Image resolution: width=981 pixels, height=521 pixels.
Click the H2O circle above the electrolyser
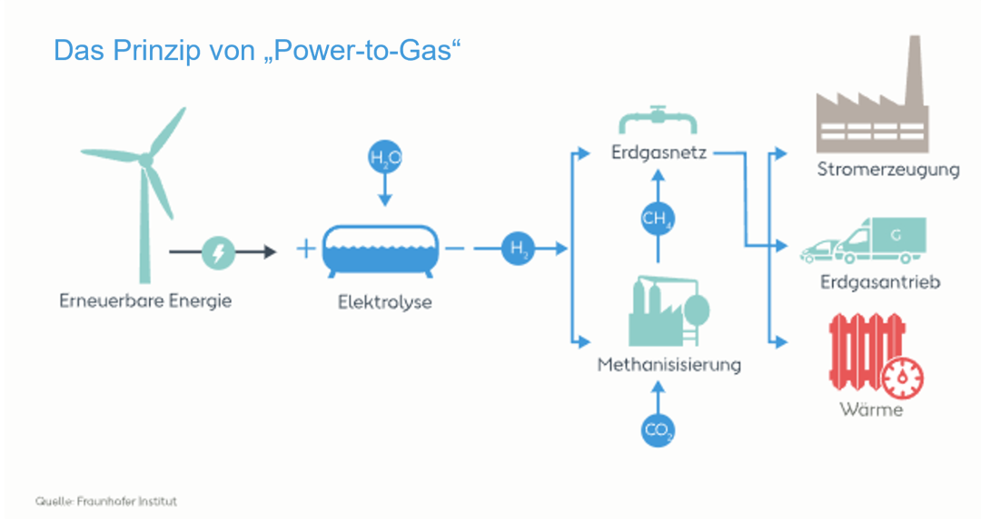[x=384, y=158]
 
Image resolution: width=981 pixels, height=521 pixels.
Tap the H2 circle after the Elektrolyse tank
[x=519, y=248]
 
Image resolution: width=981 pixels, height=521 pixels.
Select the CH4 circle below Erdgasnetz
[x=659, y=219]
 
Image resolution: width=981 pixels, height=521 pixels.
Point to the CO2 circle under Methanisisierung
[x=659, y=429]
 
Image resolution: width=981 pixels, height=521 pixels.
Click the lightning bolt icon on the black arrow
[x=217, y=251]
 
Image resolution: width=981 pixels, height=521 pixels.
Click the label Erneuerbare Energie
[x=145, y=301]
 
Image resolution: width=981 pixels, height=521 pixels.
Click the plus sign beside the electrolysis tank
[x=306, y=248]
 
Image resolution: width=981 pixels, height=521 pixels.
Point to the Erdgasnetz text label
[x=659, y=153]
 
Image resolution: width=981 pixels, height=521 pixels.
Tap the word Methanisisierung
[x=669, y=365]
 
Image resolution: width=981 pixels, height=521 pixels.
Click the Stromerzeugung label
[x=888, y=170]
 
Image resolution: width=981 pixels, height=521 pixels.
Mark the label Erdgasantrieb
[x=880, y=282]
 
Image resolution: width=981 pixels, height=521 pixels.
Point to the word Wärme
[x=871, y=409]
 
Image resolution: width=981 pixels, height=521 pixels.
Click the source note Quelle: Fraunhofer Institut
[x=106, y=501]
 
